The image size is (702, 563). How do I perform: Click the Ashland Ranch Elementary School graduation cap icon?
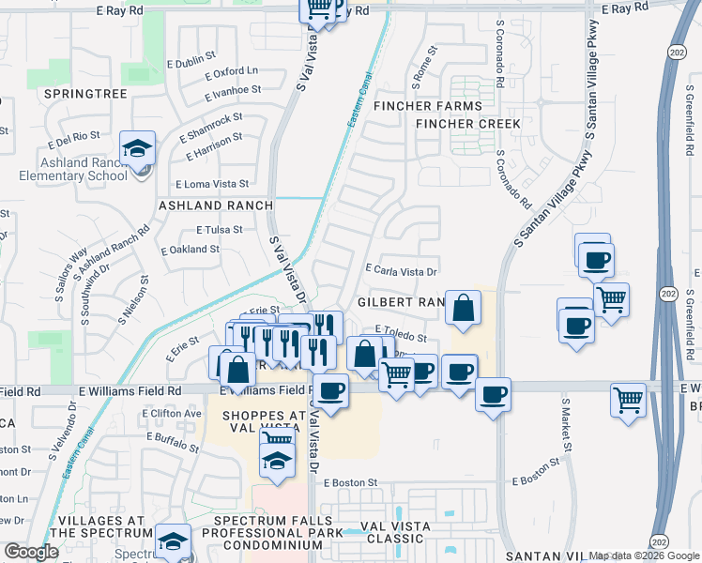click(138, 148)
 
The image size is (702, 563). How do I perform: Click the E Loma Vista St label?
click(212, 185)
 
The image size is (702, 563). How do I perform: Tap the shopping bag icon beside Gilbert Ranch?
click(464, 307)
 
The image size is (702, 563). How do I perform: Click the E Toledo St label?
click(401, 330)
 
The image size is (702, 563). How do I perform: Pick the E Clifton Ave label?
click(175, 413)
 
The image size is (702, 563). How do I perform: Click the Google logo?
click(31, 552)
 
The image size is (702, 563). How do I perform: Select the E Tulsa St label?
click(219, 229)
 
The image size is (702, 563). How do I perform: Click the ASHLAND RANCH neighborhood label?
click(215, 205)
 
